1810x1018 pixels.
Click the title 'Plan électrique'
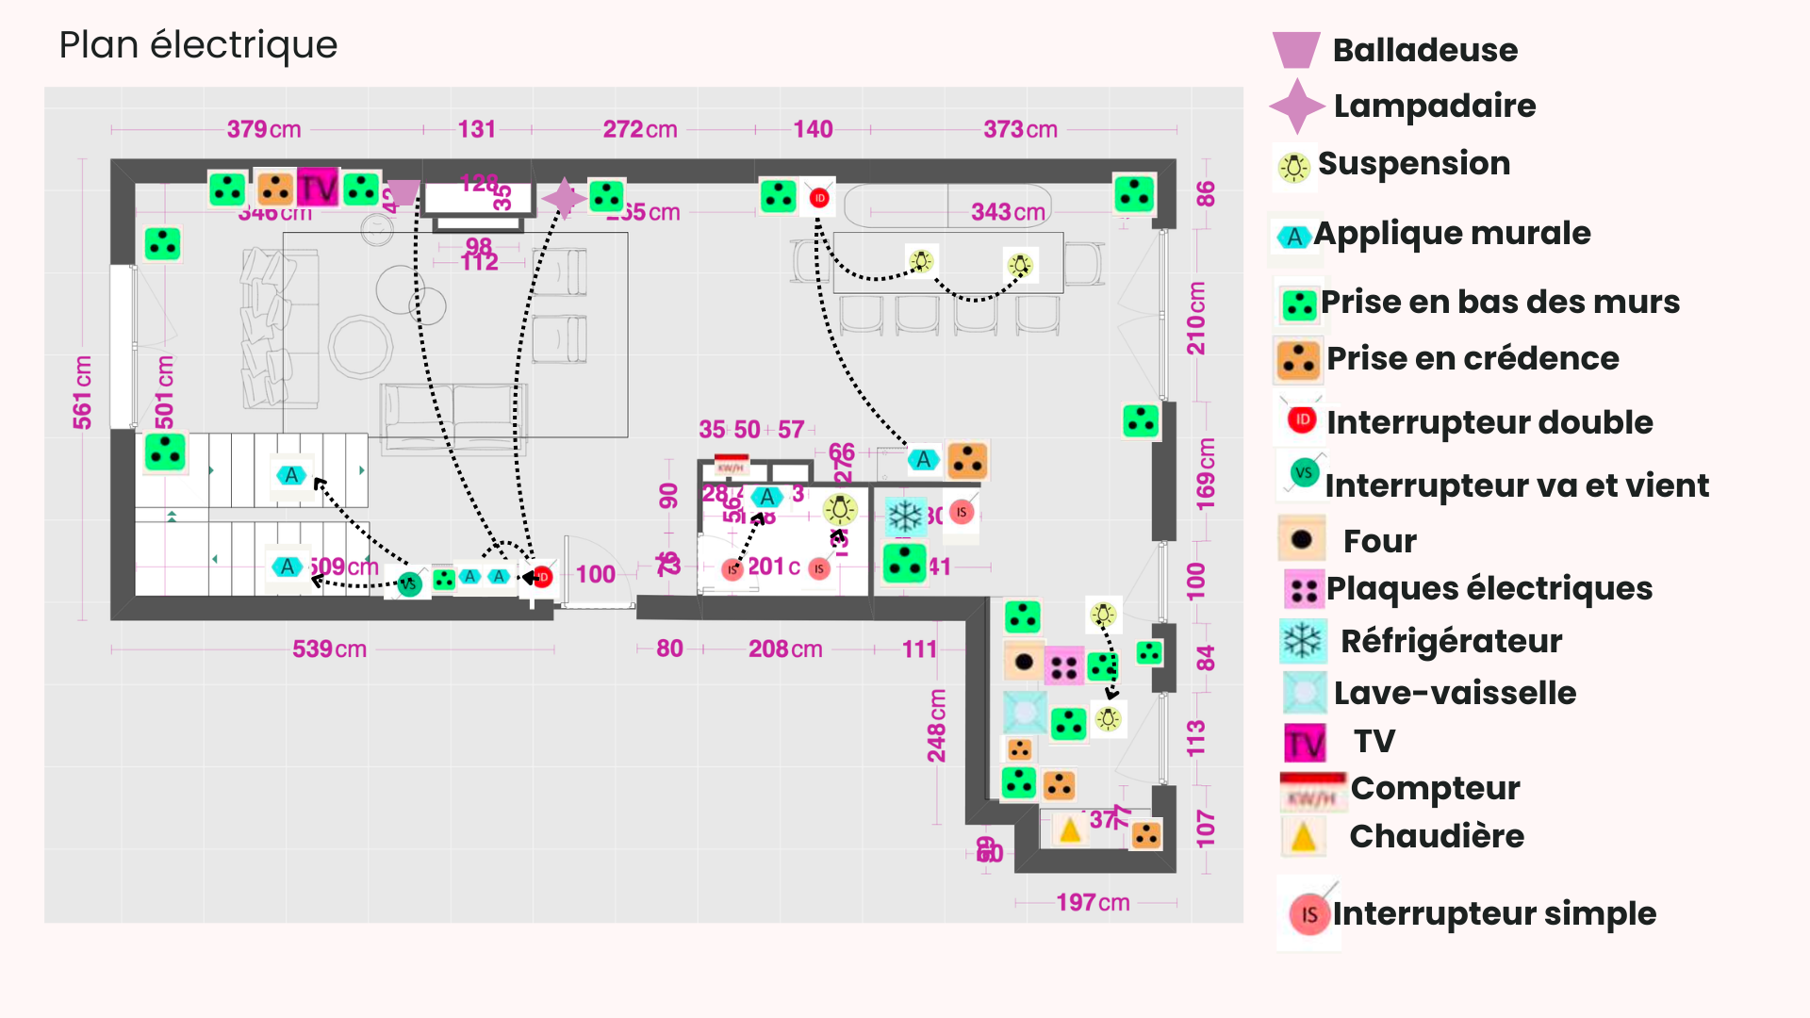(x=198, y=45)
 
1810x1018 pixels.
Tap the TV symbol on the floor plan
(x=318, y=188)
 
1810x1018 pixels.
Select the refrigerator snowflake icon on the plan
(x=906, y=516)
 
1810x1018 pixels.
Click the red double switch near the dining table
(x=819, y=198)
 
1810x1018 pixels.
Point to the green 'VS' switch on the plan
(x=408, y=584)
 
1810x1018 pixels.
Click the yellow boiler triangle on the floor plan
(x=1070, y=830)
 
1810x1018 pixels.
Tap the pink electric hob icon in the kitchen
(x=1064, y=667)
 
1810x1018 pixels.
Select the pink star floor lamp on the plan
(x=564, y=198)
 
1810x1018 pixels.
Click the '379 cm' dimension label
(x=264, y=129)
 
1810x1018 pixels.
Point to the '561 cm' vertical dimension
(x=83, y=392)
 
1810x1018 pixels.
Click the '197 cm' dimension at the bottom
(x=1093, y=902)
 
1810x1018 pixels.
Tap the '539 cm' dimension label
(x=329, y=649)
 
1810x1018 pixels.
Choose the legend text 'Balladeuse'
(x=1424, y=50)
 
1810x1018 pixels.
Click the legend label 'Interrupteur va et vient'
(x=1516, y=485)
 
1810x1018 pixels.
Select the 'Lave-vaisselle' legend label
(x=1455, y=693)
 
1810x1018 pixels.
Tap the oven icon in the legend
(x=1302, y=540)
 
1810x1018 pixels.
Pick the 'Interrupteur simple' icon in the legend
(x=1308, y=913)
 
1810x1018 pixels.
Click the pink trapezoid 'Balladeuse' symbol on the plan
(x=403, y=192)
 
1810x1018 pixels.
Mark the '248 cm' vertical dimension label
(x=936, y=725)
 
